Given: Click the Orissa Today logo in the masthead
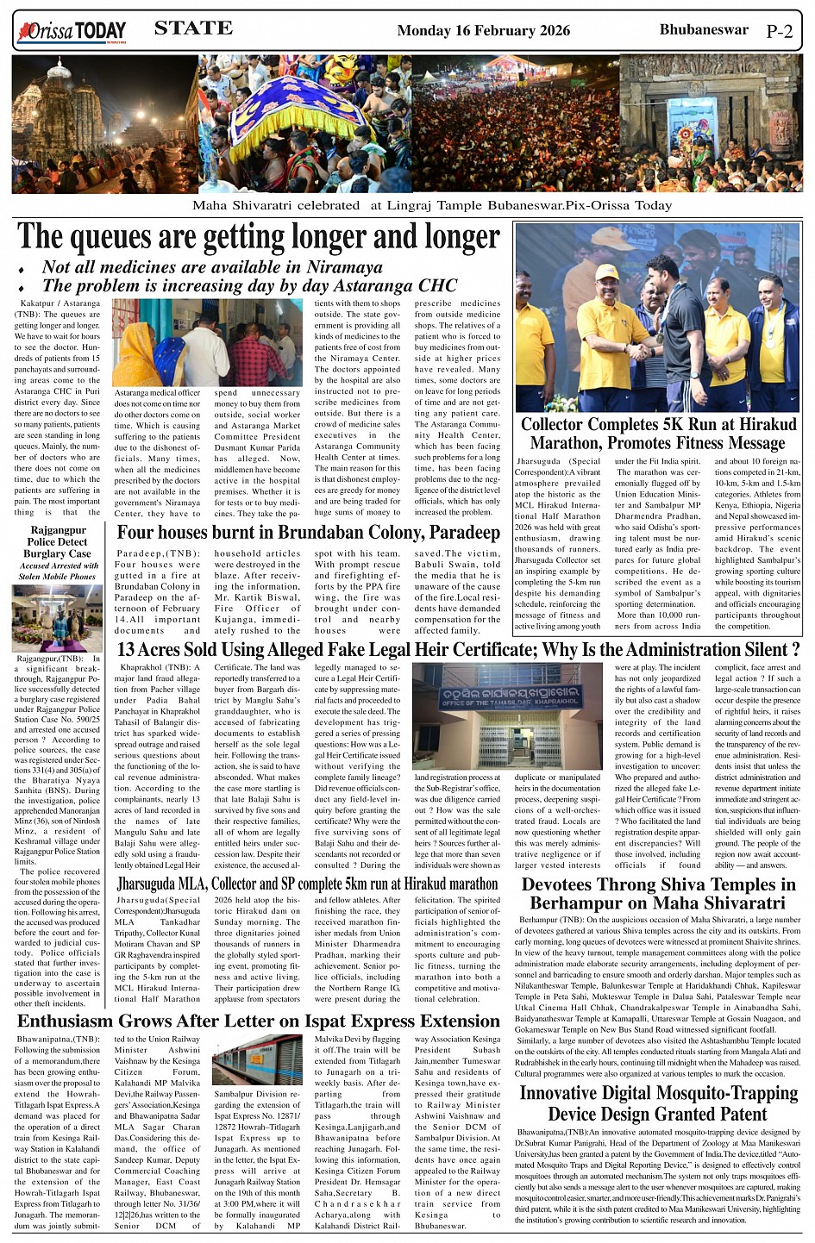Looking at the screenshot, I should pos(71,33).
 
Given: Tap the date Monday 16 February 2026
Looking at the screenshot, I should pos(483,31).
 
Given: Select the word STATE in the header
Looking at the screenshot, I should pos(193,28).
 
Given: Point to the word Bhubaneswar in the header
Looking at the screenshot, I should pos(704,30).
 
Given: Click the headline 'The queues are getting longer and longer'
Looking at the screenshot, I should pos(258,238).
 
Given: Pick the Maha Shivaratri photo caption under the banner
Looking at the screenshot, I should pos(431,205).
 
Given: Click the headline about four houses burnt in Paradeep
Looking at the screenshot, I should pos(308,533).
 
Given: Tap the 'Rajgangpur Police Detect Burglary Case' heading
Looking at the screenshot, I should pos(58,542).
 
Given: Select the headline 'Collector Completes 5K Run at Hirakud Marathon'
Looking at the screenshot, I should pos(658,434).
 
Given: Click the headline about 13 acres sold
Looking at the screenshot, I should pos(457,650).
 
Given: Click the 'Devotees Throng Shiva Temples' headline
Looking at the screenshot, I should pos(658,894).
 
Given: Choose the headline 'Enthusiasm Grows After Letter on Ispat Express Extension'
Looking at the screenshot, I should pos(259,1021).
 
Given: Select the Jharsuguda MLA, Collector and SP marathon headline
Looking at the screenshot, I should pos(307,884).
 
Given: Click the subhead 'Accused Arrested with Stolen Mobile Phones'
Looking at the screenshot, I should pos(58,572).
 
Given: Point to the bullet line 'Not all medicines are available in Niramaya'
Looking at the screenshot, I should pos(212,267).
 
